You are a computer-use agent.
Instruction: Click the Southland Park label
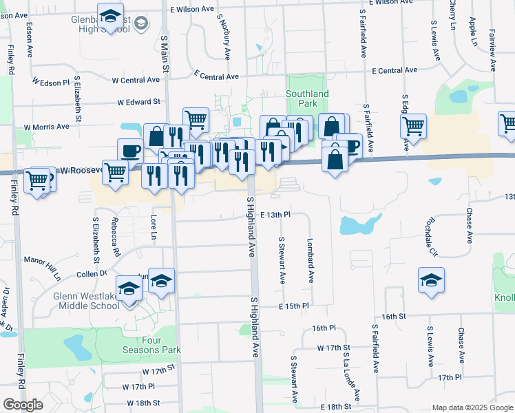[307, 98]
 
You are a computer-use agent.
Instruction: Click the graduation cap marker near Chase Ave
[431, 280]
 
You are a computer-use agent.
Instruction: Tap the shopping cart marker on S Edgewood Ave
[413, 126]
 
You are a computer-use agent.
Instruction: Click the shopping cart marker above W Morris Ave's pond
[196, 120]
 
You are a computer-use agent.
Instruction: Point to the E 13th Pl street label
[276, 215]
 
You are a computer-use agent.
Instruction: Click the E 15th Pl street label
[295, 305]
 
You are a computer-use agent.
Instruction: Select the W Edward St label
[138, 102]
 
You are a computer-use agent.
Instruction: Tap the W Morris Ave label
[47, 127]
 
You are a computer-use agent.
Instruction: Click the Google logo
[23, 405]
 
